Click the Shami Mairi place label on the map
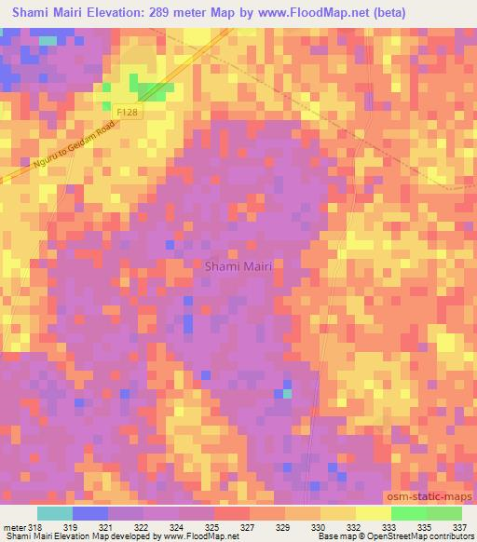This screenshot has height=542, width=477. point(238,266)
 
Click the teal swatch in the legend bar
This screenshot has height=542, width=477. point(55,513)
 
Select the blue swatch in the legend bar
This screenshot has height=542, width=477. point(90,513)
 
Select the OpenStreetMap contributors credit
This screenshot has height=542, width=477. point(421,537)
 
